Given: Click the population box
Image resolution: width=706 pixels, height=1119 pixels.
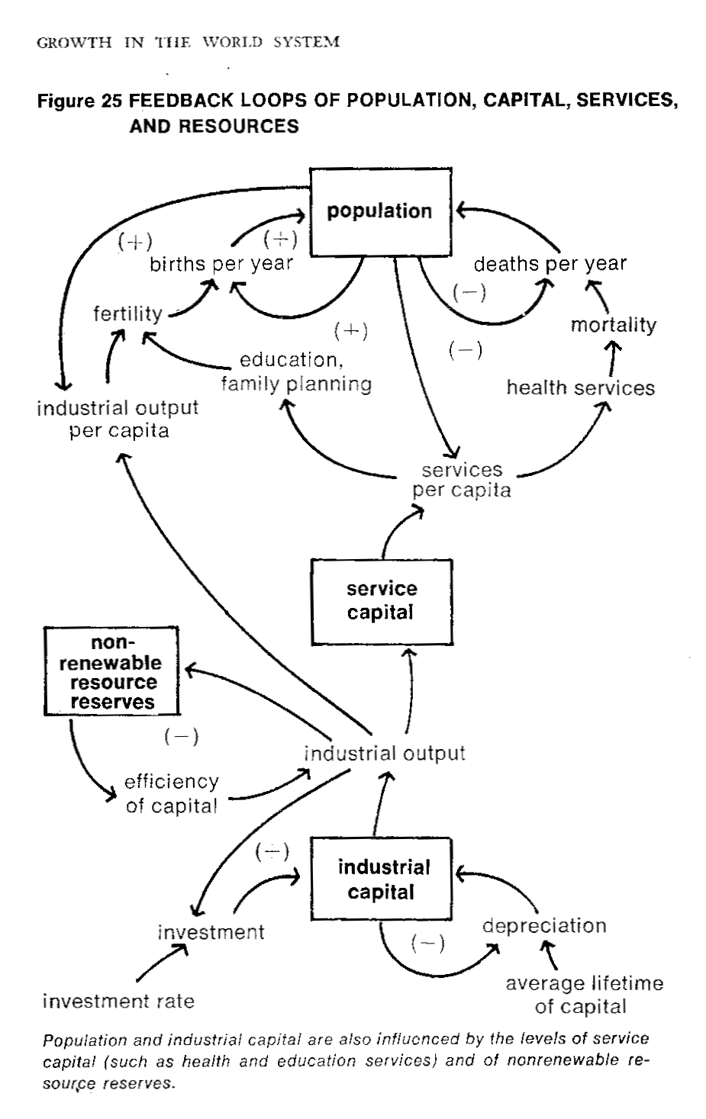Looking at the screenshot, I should pos(379,212).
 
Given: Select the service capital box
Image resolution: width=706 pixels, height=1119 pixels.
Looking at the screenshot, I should pos(381,601).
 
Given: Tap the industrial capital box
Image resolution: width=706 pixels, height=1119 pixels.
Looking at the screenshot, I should pos(381,879).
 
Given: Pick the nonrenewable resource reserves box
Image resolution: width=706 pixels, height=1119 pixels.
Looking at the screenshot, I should pos(112,672).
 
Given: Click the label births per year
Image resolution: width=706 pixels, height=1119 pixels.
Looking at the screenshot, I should pos(221,265).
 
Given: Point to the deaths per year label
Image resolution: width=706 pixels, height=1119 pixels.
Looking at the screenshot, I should pos(550,265).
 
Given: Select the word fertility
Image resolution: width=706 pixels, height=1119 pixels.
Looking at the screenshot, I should pos(127,314).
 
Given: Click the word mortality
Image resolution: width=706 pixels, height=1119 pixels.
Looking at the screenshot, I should pos(613,325).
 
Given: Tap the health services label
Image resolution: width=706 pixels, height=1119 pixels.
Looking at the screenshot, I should pos(580,387).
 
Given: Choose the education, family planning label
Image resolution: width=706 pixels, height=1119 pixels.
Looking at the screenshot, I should pos(296,371).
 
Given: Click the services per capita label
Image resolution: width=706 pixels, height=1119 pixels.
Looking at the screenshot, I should pos(462,480).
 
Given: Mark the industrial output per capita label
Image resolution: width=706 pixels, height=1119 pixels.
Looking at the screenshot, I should pos(118,419).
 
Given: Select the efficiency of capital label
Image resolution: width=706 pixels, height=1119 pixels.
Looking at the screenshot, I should pos(172,793).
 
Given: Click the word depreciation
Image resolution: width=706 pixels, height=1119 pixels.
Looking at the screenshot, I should pos(544,926).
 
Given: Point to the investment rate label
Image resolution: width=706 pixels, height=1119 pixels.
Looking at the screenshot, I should pos(118,1001).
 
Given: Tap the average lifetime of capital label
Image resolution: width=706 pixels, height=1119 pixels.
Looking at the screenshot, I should pos(584,995).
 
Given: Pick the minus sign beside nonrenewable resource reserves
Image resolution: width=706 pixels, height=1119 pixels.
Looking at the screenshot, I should pos(181,737).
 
